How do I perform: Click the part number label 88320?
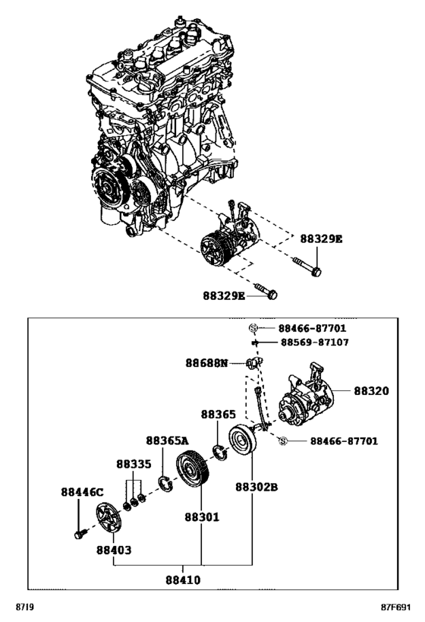[371, 392]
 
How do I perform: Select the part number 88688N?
[206, 364]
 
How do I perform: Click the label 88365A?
[168, 440]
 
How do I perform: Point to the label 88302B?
[255, 487]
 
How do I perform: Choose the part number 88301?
[201, 517]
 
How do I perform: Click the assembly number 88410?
[185, 579]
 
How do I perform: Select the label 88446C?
[82, 492]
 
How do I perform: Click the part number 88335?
[134, 463]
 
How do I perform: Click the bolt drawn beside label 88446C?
[78, 535]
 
